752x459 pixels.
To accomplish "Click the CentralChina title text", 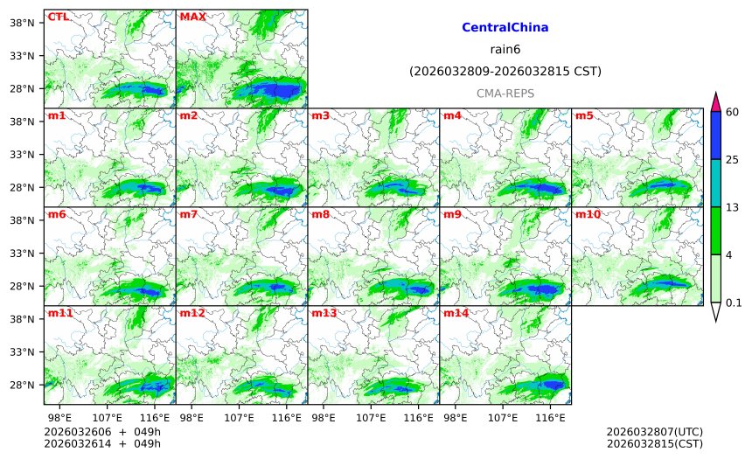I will [505, 28].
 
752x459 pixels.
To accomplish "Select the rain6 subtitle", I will [505, 49].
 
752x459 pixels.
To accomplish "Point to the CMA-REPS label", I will [505, 93].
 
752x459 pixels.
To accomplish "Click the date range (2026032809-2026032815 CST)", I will [505, 71].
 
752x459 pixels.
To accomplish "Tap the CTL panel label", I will [58, 17].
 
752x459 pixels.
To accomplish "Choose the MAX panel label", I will [192, 17].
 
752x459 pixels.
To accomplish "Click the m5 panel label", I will [584, 115].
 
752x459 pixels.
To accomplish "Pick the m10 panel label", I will [587, 214].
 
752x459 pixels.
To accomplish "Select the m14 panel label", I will [455, 313].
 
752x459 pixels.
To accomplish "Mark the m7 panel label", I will [188, 214].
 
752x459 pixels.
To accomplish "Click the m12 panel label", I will [191, 313].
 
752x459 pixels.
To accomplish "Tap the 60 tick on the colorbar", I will [733, 111].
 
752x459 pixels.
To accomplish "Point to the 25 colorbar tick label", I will [733, 159].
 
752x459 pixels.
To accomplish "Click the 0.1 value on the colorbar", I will [734, 303].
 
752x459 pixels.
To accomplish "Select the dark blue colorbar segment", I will [715, 135].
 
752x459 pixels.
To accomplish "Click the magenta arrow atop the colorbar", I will [715, 101].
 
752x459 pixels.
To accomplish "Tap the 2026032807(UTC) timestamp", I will [654, 432].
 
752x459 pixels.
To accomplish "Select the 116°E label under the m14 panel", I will [550, 418].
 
